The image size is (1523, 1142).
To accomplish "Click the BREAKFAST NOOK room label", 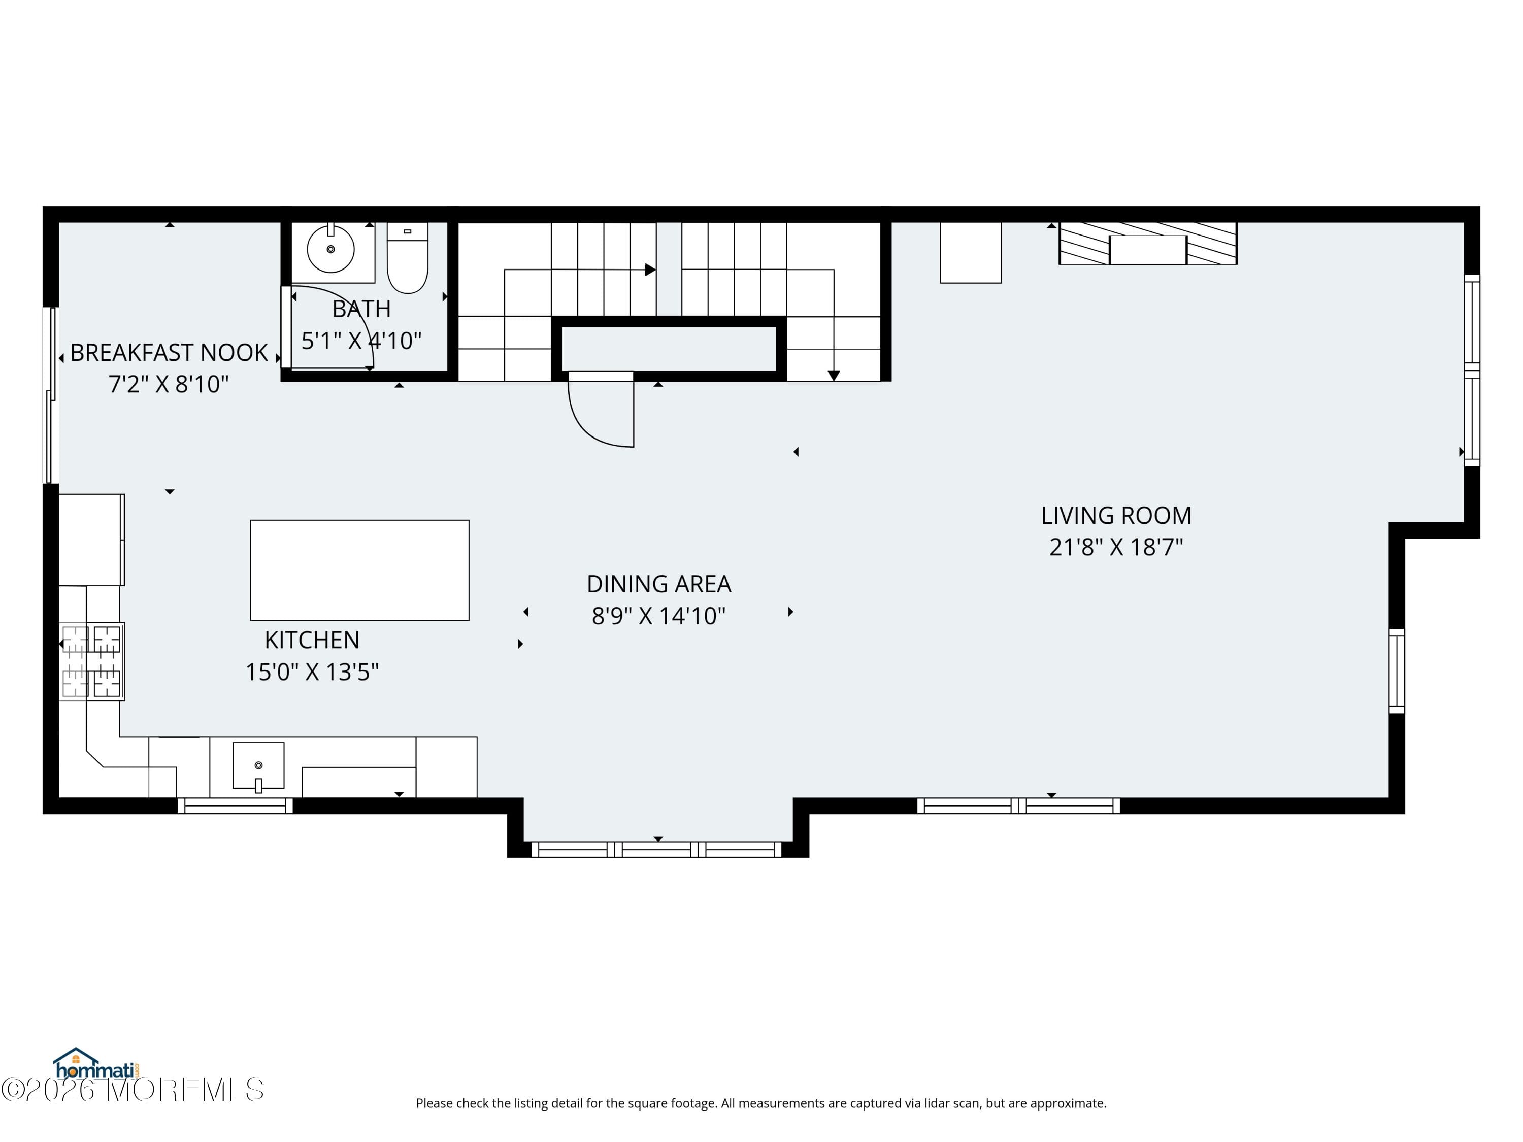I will [169, 352].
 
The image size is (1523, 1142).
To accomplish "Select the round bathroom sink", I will [330, 249].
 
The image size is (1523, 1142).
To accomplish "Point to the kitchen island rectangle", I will [359, 570].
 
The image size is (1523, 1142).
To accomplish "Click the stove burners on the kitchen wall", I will [91, 661].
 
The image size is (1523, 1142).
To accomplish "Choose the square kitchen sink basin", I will [258, 765].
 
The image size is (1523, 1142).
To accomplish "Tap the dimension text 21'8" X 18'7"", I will [1115, 547].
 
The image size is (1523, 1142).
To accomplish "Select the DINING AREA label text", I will [658, 584].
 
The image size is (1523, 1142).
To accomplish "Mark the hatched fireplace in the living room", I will [1148, 243].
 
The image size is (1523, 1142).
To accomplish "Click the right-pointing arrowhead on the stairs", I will [649, 270].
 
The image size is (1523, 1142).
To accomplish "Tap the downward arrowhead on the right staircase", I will [834, 376].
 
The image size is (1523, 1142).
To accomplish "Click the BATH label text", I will [361, 309].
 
